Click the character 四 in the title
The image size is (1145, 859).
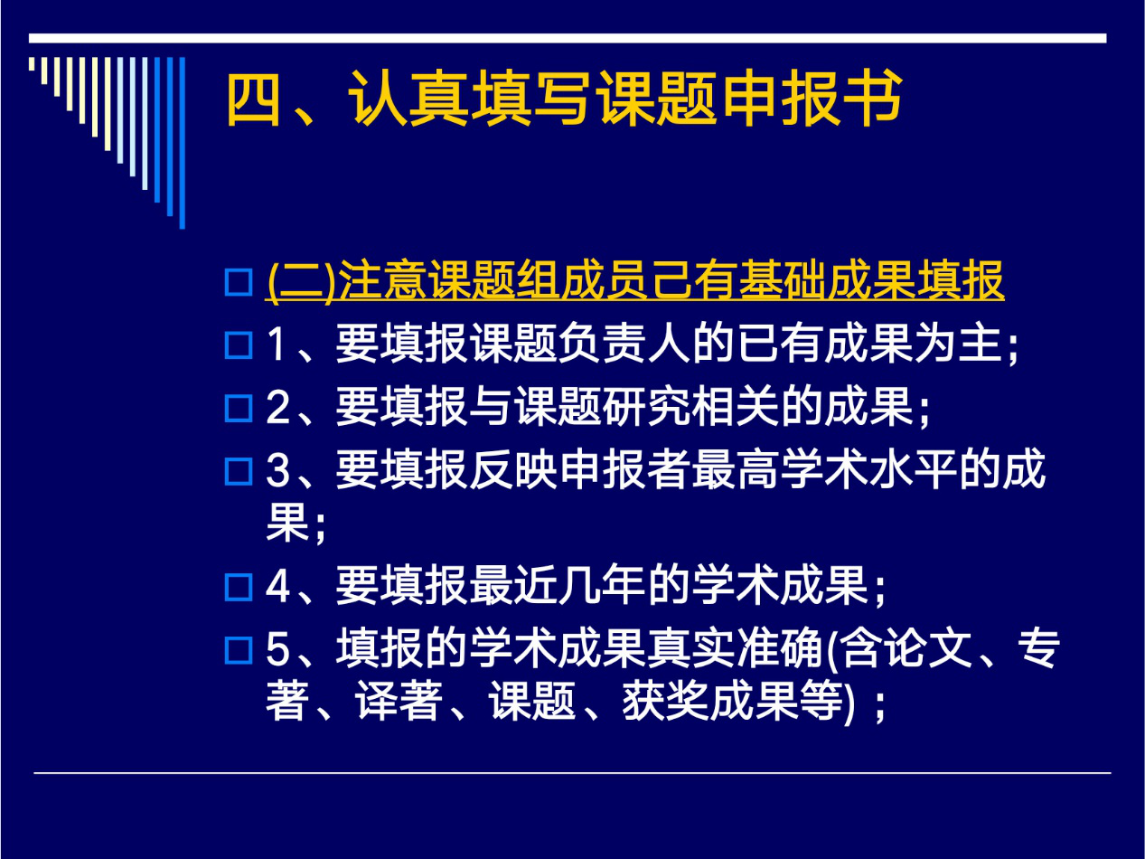[254, 99]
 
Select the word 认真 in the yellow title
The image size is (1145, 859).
[408, 99]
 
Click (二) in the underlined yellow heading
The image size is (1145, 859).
[300, 281]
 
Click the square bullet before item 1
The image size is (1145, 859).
[239, 345]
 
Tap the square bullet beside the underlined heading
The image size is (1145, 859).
[239, 282]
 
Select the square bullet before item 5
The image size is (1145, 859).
[239, 651]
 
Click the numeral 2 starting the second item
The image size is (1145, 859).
[278, 408]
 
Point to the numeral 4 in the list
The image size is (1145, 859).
[278, 587]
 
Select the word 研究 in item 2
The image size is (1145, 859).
[646, 407]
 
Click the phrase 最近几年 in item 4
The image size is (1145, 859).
[557, 586]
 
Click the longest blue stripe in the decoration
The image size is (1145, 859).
[182, 143]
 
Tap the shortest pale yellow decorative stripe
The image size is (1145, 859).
[32, 64]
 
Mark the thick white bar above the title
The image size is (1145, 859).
[568, 39]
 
